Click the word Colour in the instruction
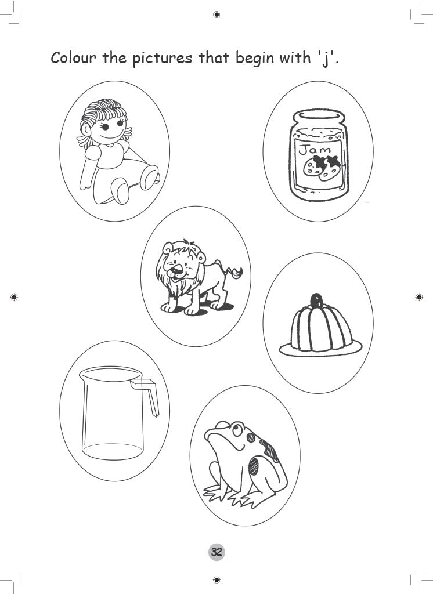(74, 58)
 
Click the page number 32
(217, 552)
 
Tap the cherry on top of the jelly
(316, 300)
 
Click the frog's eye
(234, 429)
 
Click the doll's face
(112, 129)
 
